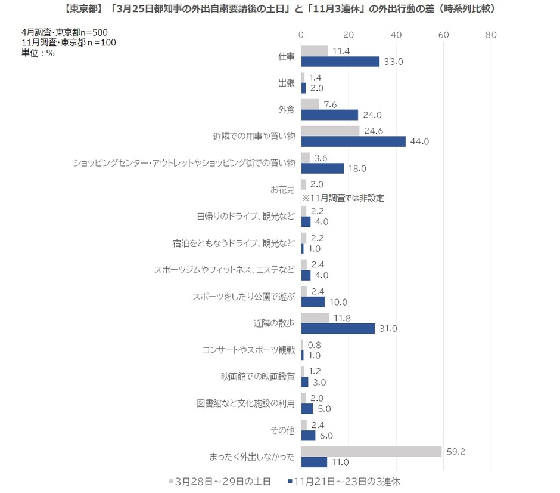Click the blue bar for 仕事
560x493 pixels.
tap(340, 61)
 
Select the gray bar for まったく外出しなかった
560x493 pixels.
tap(371, 451)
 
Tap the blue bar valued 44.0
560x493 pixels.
tap(353, 141)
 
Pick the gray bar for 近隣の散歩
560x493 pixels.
tap(315, 318)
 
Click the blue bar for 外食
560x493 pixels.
tap(329, 115)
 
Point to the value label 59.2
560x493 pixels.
tap(455, 451)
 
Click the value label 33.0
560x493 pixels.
tap(391, 61)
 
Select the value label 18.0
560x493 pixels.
tap(356, 168)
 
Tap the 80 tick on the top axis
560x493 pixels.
tap(490, 35)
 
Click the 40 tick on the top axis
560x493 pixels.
tap(396, 35)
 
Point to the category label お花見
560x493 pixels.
tap(282, 190)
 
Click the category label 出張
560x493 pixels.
tap(286, 84)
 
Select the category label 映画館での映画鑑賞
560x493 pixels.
tap(257, 377)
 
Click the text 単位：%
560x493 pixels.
tap(38, 53)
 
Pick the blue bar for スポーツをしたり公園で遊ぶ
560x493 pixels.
tap(313, 302)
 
